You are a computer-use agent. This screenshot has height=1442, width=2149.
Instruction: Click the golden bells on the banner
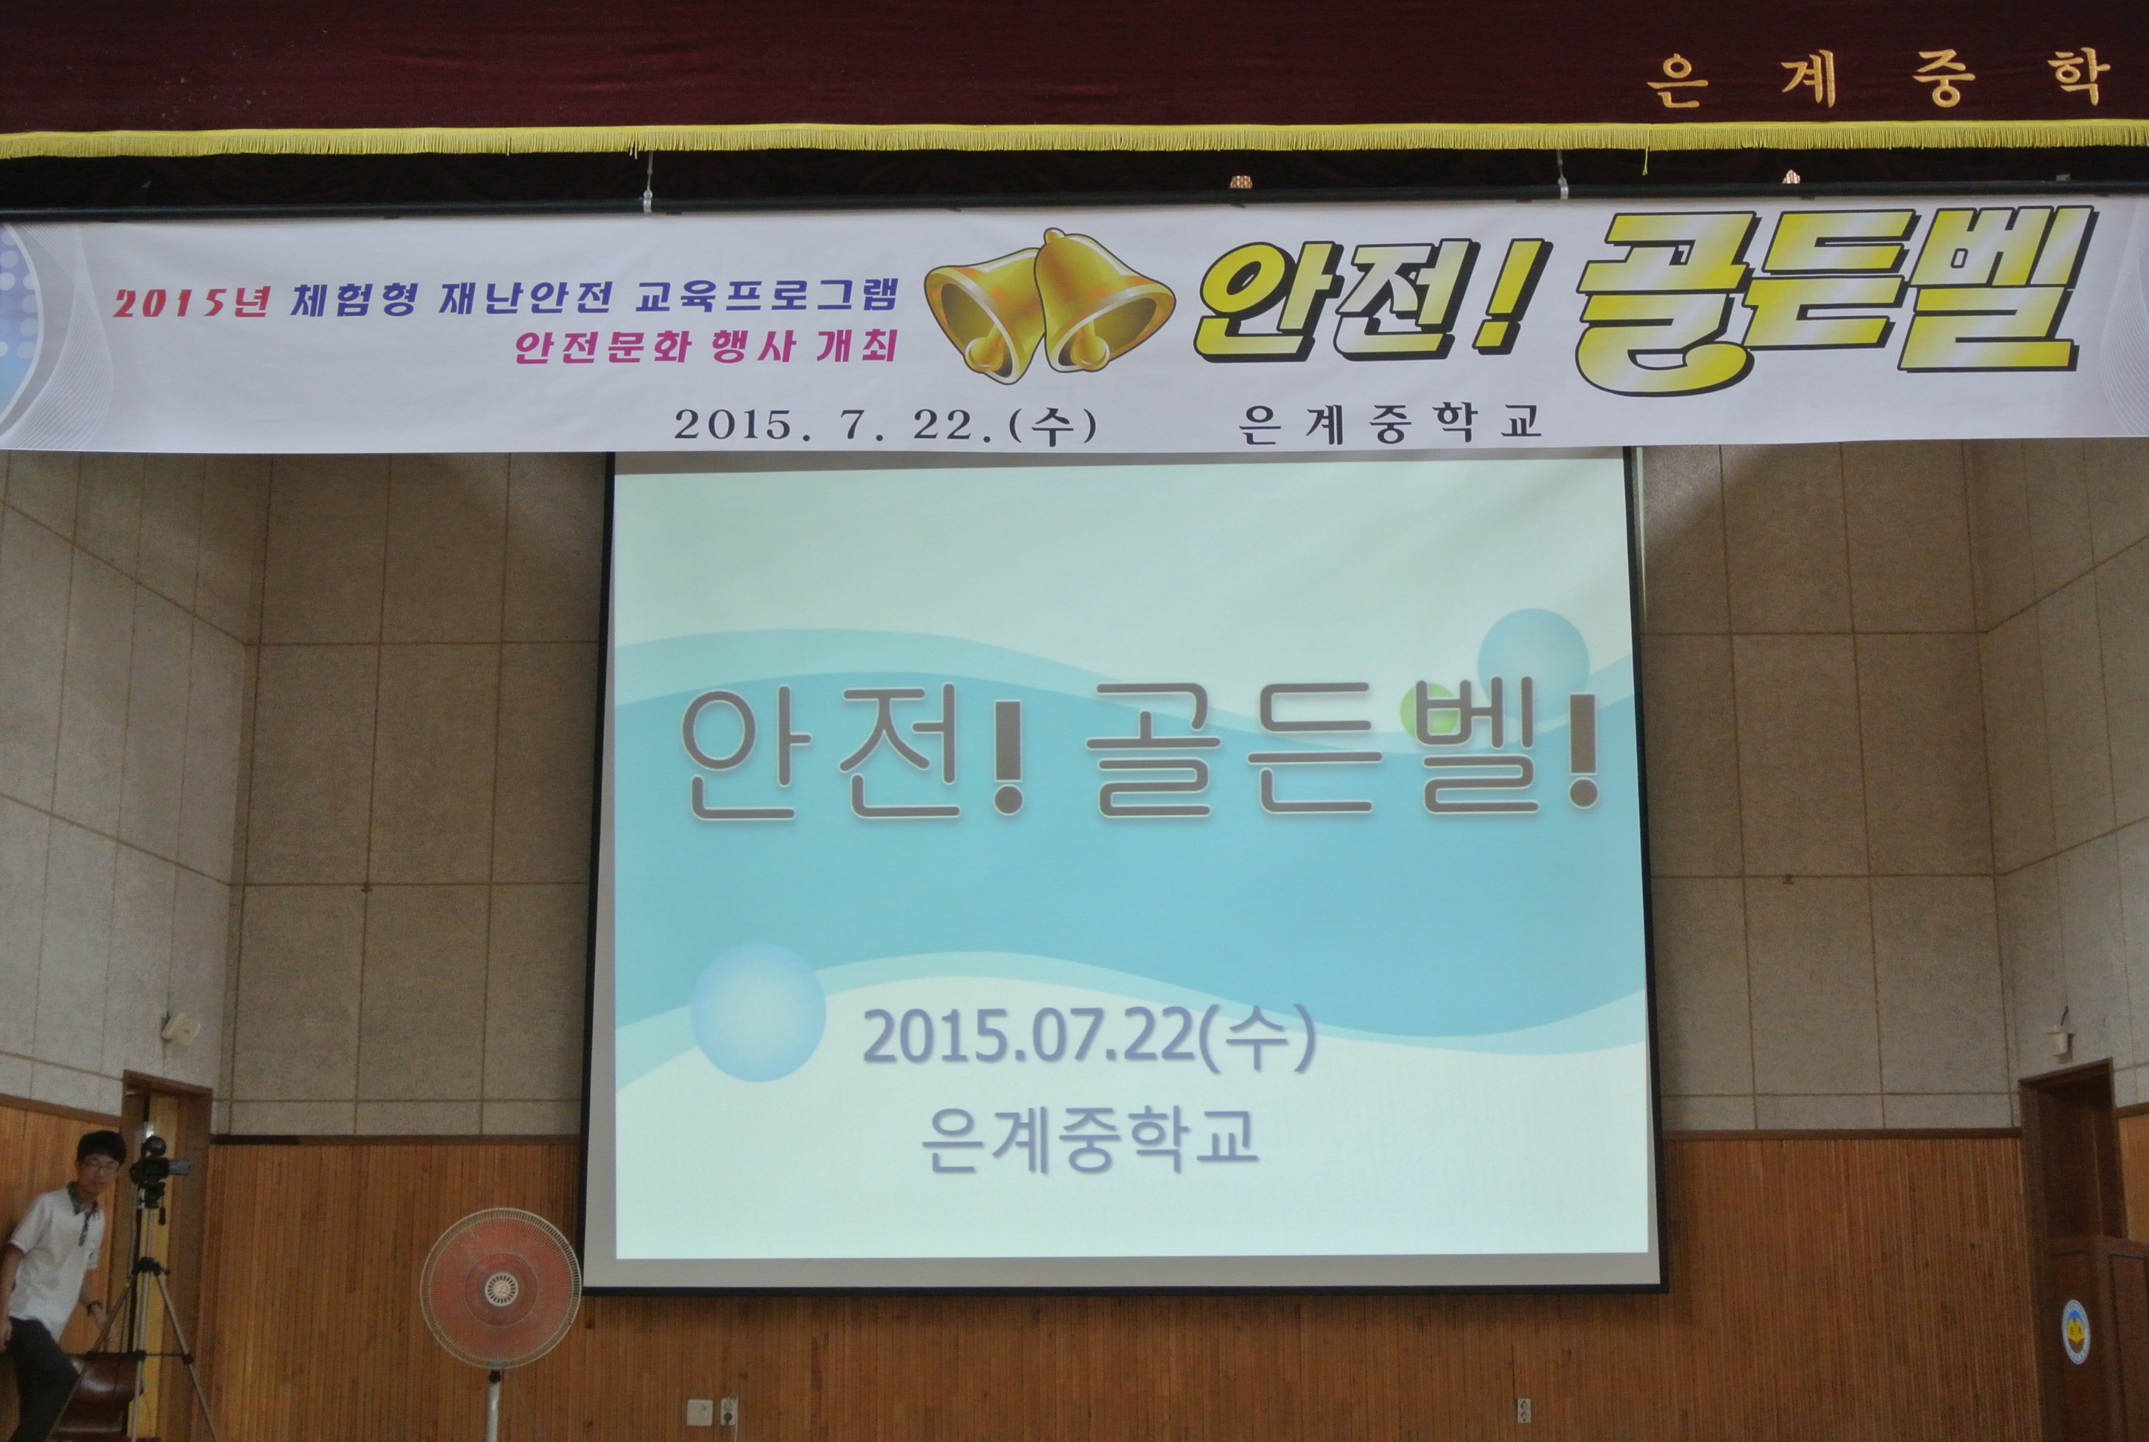tap(1048, 306)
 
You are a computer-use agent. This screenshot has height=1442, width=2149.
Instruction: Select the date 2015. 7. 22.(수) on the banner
tap(885, 425)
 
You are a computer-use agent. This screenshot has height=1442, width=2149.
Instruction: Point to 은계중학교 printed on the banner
tap(1389, 424)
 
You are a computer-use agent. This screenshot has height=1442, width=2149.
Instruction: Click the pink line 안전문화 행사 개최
tap(706, 346)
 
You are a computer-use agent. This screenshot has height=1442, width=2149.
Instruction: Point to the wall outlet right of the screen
tap(1523, 1410)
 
